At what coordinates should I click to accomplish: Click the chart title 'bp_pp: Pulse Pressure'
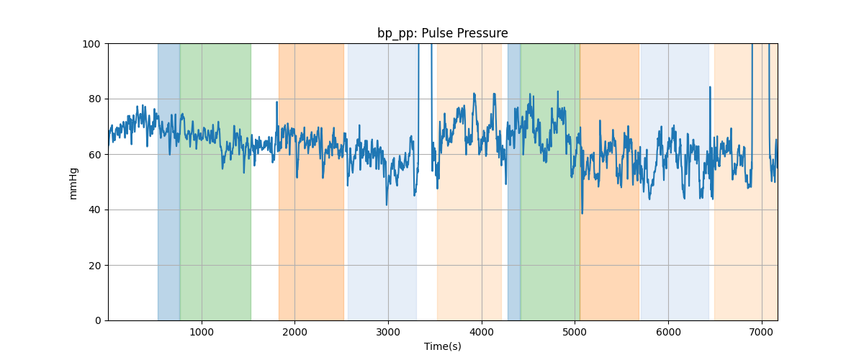point(442,33)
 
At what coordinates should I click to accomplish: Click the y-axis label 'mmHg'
point(73,183)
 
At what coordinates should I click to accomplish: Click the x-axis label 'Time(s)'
point(442,346)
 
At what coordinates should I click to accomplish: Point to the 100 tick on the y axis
point(94,44)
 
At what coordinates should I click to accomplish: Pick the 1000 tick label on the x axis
point(202,332)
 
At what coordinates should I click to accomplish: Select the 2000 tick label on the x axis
point(294,332)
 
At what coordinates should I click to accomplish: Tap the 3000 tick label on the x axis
point(388,332)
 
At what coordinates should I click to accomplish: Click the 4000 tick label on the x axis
point(482,332)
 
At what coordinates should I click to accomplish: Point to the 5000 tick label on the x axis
point(575,332)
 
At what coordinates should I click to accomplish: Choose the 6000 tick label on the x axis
point(668,332)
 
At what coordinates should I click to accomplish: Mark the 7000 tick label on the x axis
point(761,332)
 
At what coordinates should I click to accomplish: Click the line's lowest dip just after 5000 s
point(582,212)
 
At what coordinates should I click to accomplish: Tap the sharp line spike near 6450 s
point(710,88)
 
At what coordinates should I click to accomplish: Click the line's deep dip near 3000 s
point(387,204)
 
